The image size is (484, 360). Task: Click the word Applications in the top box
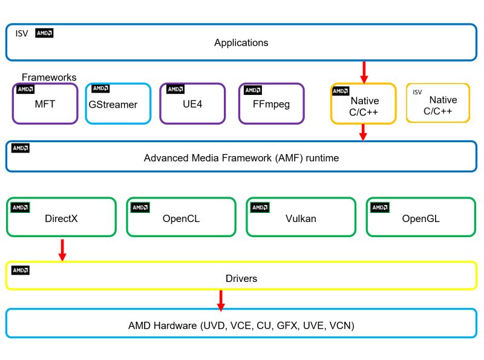pos(241,43)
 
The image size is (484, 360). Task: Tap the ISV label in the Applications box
pos(22,33)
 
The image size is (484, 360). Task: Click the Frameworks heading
pos(49,77)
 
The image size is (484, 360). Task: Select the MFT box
pos(45,103)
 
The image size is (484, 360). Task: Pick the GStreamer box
pos(117,103)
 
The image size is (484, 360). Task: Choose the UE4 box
pos(192,103)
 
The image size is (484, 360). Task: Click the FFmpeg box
pos(271,103)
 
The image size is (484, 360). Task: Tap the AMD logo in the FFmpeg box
pos(253,90)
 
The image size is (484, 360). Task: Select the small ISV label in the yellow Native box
pos(417,92)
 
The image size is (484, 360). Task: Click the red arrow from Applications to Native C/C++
pos(364,71)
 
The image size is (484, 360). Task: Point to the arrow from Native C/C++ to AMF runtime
pos(364,132)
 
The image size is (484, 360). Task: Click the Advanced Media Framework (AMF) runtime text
pos(241,158)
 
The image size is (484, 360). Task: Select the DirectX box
pos(60,217)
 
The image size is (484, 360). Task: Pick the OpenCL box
pos(180,217)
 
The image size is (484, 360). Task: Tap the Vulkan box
pos(301,217)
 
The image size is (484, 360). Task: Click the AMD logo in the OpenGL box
pos(380,208)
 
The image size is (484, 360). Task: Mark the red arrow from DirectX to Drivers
pos(62,249)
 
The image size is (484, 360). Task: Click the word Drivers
pos(241,278)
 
